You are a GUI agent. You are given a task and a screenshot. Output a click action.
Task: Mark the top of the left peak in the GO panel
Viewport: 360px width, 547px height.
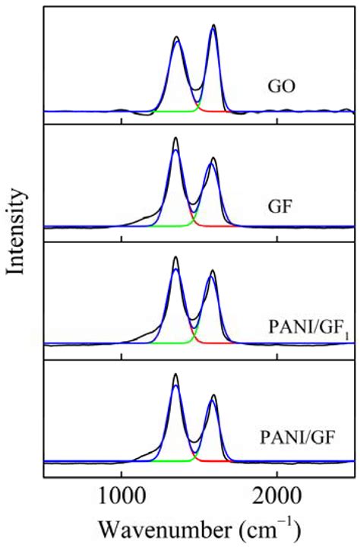[x=176, y=36]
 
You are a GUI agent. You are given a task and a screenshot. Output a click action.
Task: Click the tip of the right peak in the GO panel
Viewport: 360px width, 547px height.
[x=213, y=25]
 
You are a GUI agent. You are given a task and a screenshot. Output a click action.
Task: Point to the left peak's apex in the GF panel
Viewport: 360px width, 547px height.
[x=175, y=138]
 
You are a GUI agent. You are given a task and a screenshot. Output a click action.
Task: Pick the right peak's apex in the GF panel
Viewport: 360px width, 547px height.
[x=213, y=158]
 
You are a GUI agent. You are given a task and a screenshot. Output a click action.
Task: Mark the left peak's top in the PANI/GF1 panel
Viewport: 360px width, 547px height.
[x=175, y=257]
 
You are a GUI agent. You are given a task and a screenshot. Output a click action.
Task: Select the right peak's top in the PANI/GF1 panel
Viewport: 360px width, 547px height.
[x=213, y=270]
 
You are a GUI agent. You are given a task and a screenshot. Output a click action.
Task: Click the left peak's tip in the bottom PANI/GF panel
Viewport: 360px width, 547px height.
[x=175, y=374]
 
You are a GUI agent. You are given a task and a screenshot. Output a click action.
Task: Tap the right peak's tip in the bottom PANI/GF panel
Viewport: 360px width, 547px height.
[x=213, y=395]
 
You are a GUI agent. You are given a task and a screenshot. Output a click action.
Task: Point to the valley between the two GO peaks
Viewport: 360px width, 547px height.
[x=197, y=90]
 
